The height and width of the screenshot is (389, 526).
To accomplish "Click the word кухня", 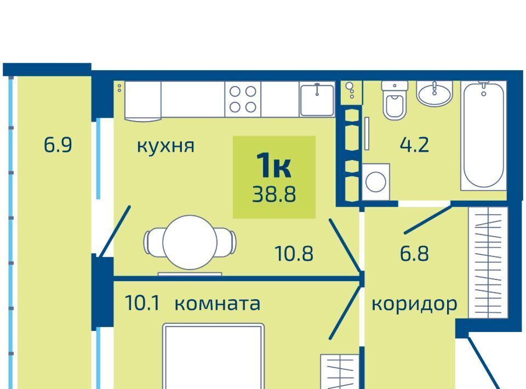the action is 165,146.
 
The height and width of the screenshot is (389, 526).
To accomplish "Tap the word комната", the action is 218,304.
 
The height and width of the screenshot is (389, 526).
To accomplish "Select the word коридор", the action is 414,305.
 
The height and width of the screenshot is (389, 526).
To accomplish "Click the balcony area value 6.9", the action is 58,145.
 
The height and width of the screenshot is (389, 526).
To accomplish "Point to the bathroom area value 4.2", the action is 414,145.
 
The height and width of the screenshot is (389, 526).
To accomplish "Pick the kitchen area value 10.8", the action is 294,254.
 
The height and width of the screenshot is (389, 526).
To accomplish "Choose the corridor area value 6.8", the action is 414,254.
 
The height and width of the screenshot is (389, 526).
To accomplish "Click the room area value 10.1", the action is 142,303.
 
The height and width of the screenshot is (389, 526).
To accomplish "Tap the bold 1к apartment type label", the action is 273,165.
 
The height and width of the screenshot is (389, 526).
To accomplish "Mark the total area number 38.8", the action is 274,195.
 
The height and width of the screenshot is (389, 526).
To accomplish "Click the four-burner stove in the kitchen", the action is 243,99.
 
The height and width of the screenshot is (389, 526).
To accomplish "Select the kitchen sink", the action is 317,100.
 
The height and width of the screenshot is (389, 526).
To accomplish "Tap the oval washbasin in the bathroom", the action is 434,94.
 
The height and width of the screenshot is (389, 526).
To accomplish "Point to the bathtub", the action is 483,135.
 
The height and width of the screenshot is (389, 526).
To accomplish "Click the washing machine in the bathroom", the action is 376,182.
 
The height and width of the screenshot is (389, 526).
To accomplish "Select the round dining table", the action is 190,242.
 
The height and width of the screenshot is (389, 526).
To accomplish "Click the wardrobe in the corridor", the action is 488,262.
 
